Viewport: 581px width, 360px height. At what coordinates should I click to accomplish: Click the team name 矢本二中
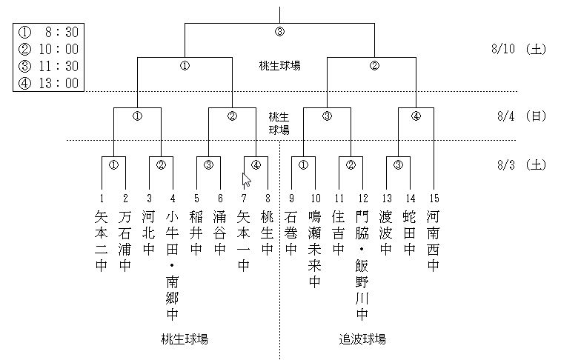click(102, 241)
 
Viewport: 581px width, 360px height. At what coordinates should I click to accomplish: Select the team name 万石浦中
click(125, 241)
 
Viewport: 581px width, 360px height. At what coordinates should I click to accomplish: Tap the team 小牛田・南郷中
click(173, 265)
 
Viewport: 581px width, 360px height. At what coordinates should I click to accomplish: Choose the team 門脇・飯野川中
click(362, 265)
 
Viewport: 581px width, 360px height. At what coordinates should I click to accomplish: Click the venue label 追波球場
click(362, 339)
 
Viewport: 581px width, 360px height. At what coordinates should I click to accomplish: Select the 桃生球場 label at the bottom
click(185, 339)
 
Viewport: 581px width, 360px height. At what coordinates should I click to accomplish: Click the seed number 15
click(434, 199)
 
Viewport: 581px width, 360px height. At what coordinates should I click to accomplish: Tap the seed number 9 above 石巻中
click(291, 199)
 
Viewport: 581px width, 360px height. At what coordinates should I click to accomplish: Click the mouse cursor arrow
click(246, 180)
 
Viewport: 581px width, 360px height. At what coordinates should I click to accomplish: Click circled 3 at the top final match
click(279, 32)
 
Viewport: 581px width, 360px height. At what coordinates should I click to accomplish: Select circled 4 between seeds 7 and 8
click(256, 164)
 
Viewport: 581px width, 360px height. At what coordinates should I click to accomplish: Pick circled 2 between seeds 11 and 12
click(351, 164)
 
